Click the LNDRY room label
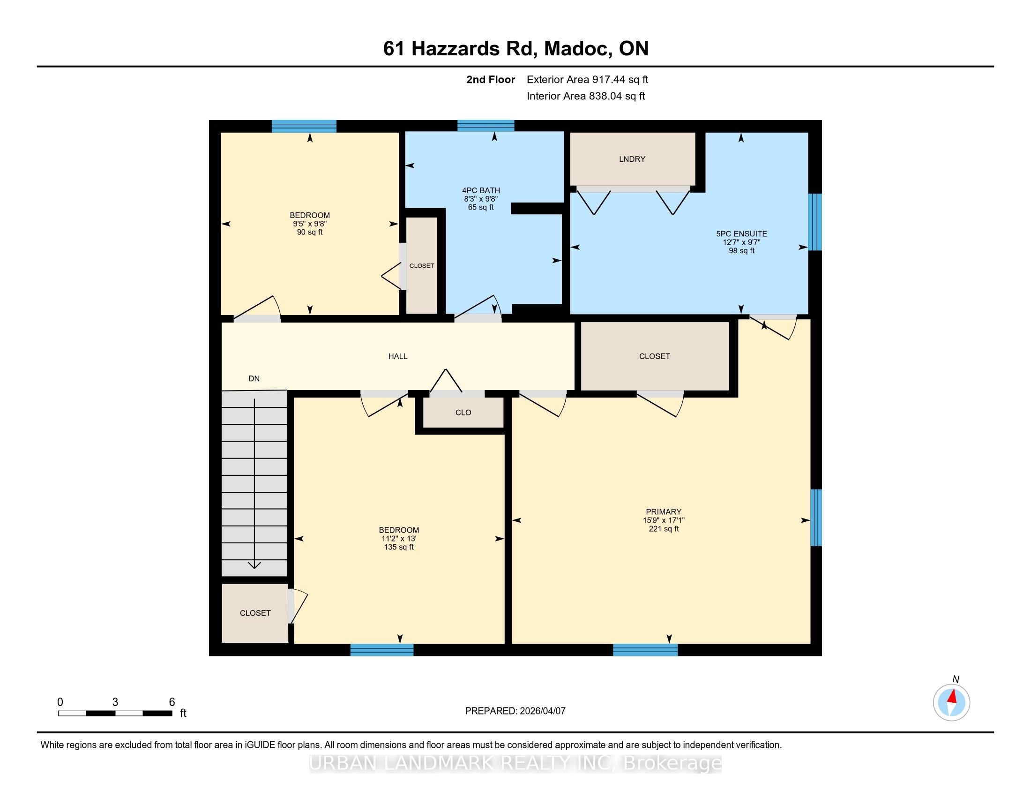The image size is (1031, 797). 632,159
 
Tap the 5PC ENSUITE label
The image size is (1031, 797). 741,234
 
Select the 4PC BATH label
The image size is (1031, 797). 480,191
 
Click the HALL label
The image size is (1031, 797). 397,356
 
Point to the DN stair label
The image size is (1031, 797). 254,379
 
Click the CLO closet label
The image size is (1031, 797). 463,413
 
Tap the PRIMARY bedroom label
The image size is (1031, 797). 663,512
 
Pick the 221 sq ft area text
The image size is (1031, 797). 663,529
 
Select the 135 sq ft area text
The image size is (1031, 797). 398,547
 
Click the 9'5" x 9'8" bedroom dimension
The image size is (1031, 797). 310,224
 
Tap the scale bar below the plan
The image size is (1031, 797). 115,714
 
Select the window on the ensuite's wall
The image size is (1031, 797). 815,222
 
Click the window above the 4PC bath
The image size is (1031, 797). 486,126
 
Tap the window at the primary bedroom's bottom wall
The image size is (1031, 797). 645,650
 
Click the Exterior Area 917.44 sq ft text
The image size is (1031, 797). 587,80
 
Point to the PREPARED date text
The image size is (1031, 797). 515,711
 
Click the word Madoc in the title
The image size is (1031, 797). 576,49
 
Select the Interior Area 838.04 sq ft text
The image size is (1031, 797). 585,96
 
